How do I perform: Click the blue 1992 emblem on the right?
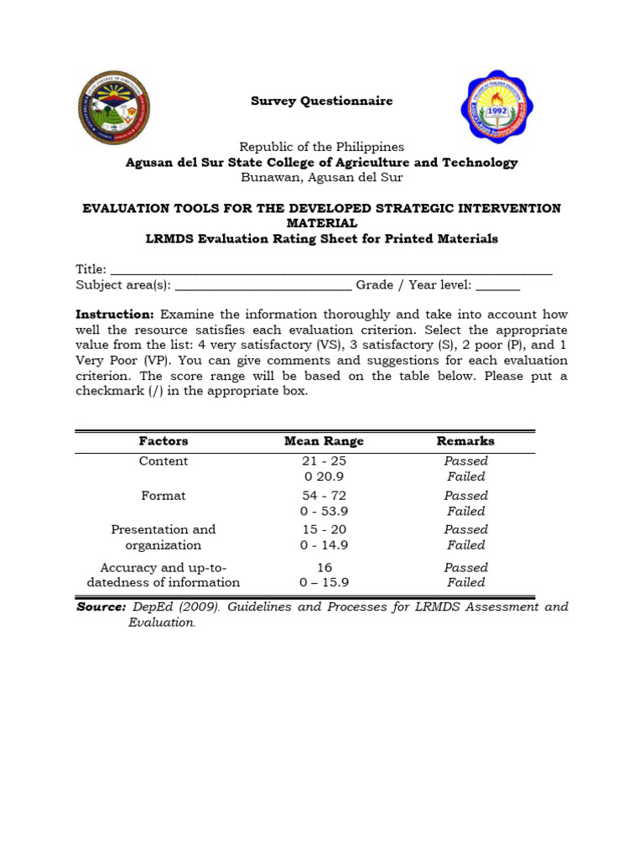click(497, 107)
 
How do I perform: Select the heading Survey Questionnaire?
click(322, 102)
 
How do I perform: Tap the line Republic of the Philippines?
click(322, 147)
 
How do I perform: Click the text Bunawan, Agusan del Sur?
click(322, 177)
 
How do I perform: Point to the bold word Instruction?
click(115, 315)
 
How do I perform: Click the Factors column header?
click(164, 441)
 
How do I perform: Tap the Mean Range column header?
click(324, 441)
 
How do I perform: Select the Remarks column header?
click(465, 441)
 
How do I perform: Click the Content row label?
click(164, 461)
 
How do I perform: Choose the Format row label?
click(164, 496)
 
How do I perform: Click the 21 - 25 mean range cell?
click(324, 461)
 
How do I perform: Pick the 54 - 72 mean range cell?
click(324, 496)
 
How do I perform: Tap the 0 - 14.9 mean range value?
click(324, 545)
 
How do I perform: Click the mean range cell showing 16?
click(324, 568)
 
